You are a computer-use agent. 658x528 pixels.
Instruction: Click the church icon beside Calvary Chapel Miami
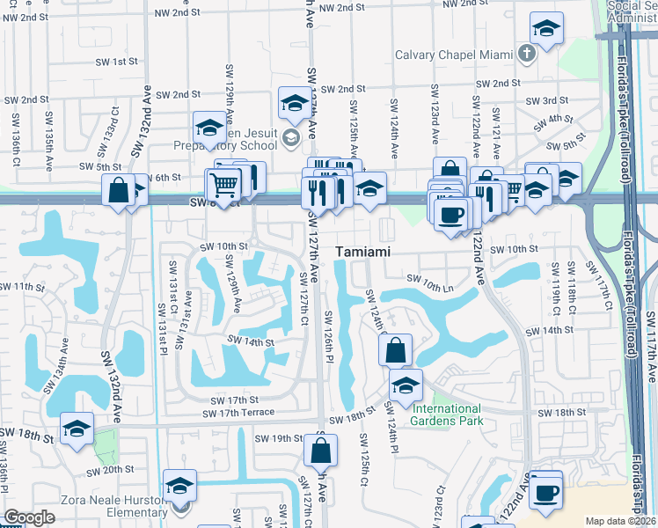click(x=526, y=55)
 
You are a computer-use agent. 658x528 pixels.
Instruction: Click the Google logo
click(x=29, y=517)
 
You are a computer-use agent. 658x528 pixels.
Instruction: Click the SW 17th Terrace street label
click(x=238, y=412)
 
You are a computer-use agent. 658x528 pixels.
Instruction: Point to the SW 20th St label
click(x=112, y=470)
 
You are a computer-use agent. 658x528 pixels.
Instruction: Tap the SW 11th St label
click(x=22, y=287)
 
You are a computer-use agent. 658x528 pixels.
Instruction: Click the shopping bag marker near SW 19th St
click(x=321, y=450)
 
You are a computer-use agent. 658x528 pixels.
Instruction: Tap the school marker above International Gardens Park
click(x=406, y=385)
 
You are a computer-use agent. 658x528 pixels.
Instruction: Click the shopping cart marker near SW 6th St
click(x=224, y=185)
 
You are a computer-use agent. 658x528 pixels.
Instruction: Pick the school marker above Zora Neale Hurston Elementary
click(x=179, y=485)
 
